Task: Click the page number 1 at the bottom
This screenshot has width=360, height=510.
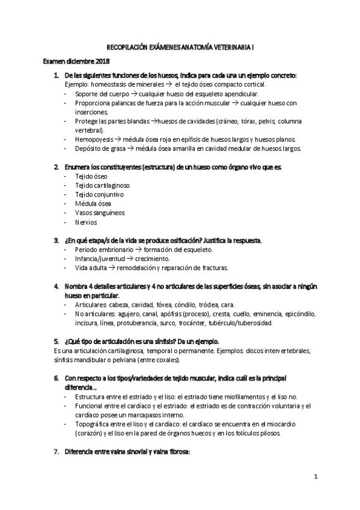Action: (x=314, y=477)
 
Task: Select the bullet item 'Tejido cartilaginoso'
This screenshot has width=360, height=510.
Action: (x=97, y=186)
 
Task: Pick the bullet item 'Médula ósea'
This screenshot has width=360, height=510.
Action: (x=89, y=204)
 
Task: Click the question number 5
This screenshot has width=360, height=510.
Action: (x=56, y=341)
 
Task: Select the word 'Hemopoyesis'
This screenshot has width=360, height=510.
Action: (x=95, y=140)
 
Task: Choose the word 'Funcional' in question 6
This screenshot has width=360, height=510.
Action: (x=91, y=407)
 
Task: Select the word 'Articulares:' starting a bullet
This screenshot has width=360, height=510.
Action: (x=93, y=305)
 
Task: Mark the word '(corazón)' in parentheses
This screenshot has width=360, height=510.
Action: (x=91, y=433)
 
